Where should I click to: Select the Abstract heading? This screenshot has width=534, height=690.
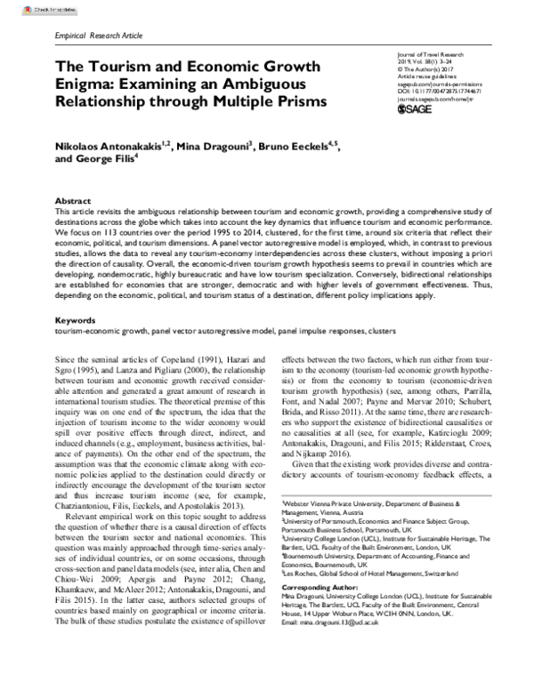[x=73, y=201]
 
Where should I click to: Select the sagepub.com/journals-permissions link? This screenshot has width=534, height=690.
[x=437, y=84]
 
